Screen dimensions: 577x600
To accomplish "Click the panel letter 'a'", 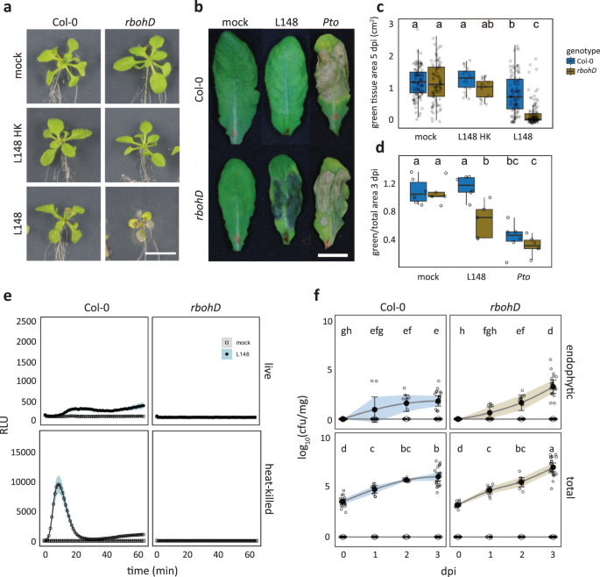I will tap(6, 7).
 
